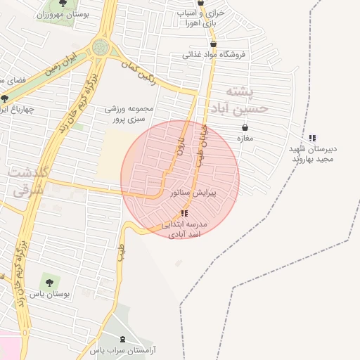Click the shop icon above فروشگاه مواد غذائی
click(213, 44)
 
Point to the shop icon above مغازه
click(245, 127)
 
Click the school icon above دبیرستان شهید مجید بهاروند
click(312, 138)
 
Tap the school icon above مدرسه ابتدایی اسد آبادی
click(184, 212)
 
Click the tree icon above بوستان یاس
click(48, 281)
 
